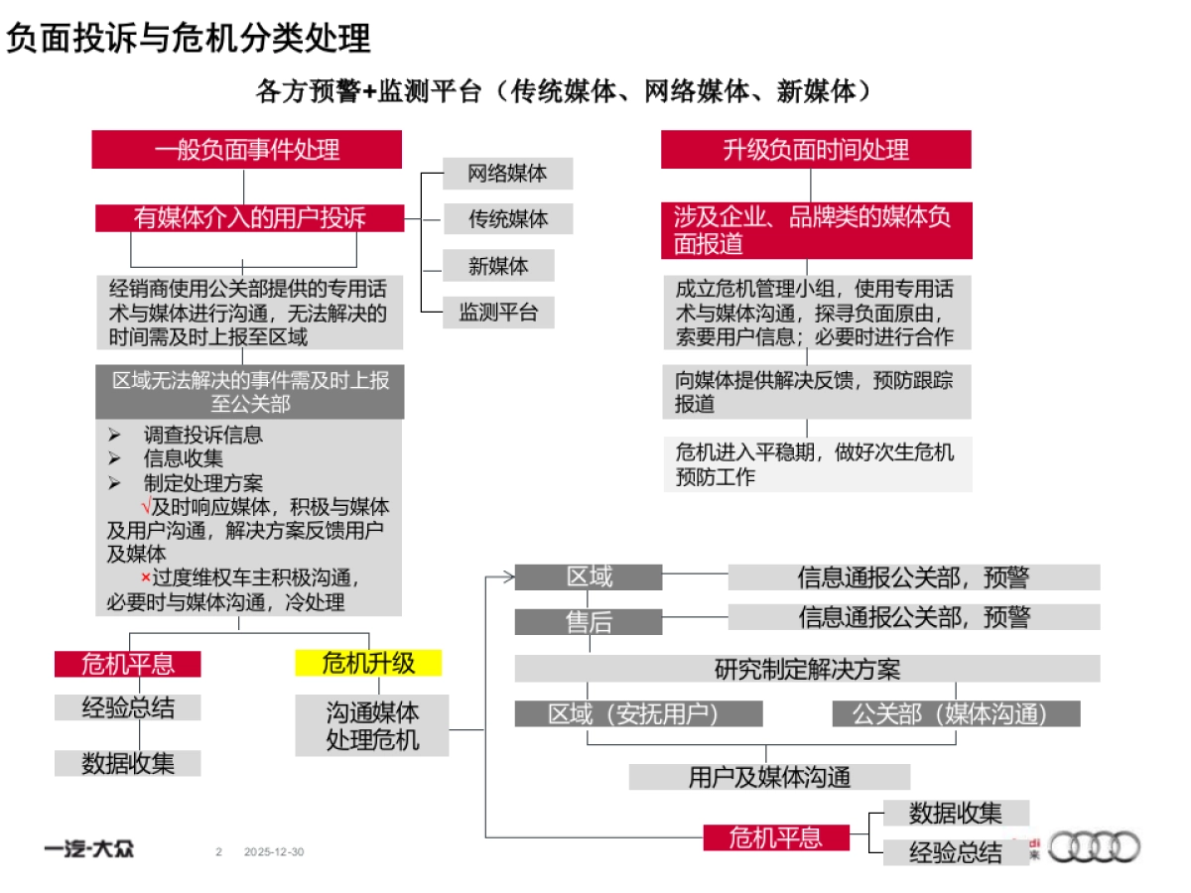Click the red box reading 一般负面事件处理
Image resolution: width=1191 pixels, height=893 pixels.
point(247,150)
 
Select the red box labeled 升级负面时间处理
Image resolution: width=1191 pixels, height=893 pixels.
point(816,150)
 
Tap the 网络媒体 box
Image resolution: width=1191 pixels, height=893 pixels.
point(507,174)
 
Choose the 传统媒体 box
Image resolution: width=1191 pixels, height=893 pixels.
point(507,218)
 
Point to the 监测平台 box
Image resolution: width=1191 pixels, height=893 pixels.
point(497,313)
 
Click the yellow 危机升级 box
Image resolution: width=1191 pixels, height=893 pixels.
point(368,663)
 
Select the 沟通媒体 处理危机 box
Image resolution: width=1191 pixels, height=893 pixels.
point(372,725)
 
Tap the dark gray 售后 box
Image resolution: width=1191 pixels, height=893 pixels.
point(589,622)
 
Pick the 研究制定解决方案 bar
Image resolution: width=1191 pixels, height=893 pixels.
point(807,669)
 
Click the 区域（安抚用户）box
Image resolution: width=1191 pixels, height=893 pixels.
point(638,713)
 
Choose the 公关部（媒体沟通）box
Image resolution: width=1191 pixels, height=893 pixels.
point(956,713)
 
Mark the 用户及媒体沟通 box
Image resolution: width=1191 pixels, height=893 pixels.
point(769,777)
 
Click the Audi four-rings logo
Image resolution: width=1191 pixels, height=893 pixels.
point(1095,847)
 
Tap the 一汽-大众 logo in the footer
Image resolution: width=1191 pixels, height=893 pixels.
point(89,849)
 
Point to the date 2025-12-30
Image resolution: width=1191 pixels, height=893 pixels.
point(274,851)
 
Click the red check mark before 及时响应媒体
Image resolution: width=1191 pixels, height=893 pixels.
point(146,507)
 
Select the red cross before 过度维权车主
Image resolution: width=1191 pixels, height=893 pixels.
point(145,577)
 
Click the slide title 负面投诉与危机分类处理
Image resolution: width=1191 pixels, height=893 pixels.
point(189,39)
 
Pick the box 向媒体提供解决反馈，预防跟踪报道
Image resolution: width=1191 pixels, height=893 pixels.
point(816,392)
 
